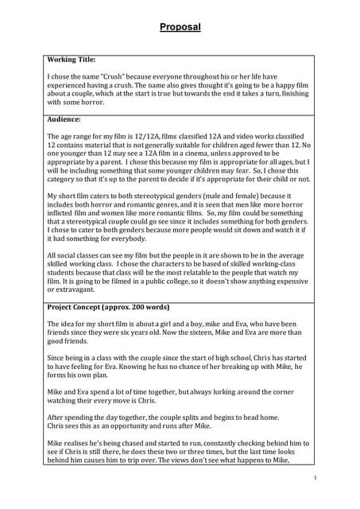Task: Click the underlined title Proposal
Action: [180, 27]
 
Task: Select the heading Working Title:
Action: [72, 60]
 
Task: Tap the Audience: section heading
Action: [64, 119]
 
